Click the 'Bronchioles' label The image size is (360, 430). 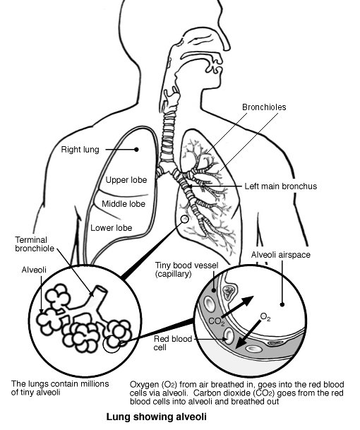[265, 107]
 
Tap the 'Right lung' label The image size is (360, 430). [100, 150]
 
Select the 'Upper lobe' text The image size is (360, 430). [126, 180]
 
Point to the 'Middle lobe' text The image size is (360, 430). [124, 204]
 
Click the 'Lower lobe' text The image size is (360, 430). [112, 228]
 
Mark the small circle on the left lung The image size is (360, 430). [185, 220]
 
